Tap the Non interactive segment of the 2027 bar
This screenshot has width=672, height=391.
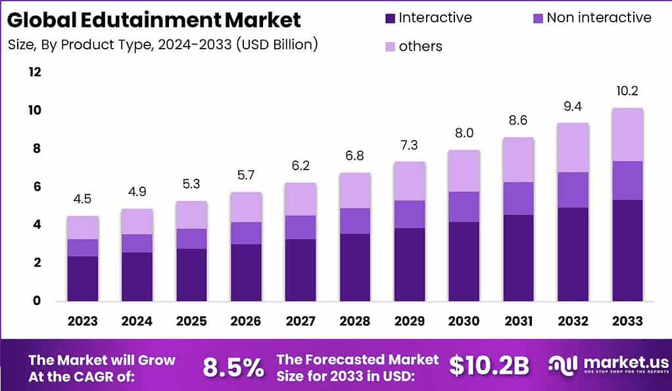[x=300, y=227]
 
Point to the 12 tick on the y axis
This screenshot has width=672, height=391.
[x=34, y=72]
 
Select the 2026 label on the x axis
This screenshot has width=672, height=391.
[x=245, y=321]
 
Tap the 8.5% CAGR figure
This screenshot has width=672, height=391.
[x=233, y=367]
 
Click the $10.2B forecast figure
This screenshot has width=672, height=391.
[x=489, y=367]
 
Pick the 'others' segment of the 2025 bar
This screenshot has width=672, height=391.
[x=191, y=215]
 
